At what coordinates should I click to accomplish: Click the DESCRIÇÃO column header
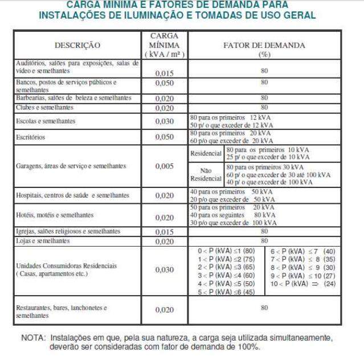tap(77, 45)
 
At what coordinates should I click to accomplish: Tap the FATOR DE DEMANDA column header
tap(264, 49)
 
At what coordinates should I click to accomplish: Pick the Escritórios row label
tap(32, 137)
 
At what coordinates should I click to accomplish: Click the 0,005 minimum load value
tap(165, 166)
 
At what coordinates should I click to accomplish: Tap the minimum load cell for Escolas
tap(165, 122)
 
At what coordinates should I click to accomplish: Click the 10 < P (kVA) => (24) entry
tap(302, 284)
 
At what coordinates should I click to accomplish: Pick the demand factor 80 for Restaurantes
tap(264, 308)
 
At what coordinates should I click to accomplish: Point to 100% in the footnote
tap(249, 346)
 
